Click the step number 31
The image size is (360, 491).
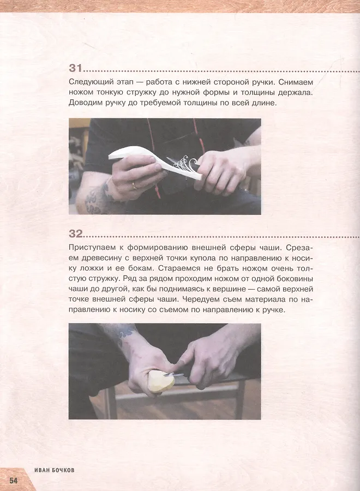pos(75,68)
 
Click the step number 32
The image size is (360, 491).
pos(76,234)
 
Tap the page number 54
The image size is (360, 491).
pos(14,480)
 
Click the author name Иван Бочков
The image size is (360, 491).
pos(54,470)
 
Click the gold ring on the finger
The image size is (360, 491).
pos(135,185)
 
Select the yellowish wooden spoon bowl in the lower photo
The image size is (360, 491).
pos(160,381)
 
